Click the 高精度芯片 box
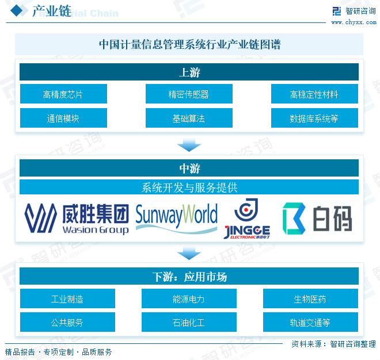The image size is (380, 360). pyautogui.click(x=63, y=94)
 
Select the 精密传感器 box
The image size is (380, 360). pyautogui.click(x=189, y=94)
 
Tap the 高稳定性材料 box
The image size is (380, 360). pyautogui.click(x=314, y=94)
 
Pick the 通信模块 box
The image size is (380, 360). pyautogui.click(x=63, y=118)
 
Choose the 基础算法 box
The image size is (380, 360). pyautogui.click(x=189, y=118)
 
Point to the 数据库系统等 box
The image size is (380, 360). pyautogui.click(x=314, y=118)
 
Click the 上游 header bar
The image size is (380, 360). pyautogui.click(x=189, y=72)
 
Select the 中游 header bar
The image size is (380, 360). pyautogui.click(x=189, y=168)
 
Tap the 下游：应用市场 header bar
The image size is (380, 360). pyautogui.click(x=189, y=277)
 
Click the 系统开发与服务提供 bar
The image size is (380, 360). pyautogui.click(x=189, y=187)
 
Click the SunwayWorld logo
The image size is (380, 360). pyautogui.click(x=176, y=217)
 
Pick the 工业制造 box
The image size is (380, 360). pyautogui.click(x=67, y=299)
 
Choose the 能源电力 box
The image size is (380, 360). pyautogui.click(x=189, y=299)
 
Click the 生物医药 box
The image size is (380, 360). pyautogui.click(x=310, y=299)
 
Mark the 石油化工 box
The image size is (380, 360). pyautogui.click(x=189, y=323)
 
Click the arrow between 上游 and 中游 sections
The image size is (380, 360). pyautogui.click(x=189, y=144)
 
